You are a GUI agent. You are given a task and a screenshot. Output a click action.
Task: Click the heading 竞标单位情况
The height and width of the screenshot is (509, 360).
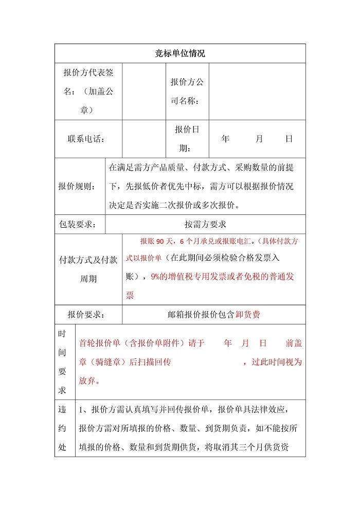pyautogui.click(x=180, y=53)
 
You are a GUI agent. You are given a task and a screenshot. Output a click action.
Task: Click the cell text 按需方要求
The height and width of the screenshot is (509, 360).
pyautogui.click(x=205, y=224)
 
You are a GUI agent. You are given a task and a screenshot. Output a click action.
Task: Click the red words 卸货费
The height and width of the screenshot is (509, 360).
pyautogui.click(x=248, y=315)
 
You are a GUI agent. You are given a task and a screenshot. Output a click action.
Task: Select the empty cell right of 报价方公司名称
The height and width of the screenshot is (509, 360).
pyautogui.click(x=257, y=92)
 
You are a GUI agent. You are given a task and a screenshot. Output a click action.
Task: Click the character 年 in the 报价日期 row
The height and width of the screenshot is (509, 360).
pyautogui.click(x=225, y=139)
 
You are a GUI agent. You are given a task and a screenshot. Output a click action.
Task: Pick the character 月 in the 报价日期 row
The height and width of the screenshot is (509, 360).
pyautogui.click(x=259, y=139)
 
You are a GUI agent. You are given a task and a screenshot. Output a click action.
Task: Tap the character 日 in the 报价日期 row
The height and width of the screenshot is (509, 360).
pyautogui.click(x=289, y=139)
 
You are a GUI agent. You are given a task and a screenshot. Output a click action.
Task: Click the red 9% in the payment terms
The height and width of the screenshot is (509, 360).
pyautogui.click(x=156, y=276)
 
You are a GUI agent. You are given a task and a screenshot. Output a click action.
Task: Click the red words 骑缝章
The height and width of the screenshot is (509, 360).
pyautogui.click(x=111, y=362)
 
